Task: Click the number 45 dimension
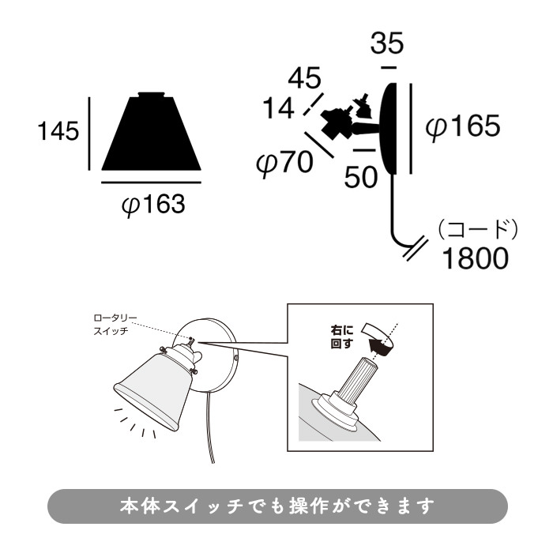[x=304, y=79]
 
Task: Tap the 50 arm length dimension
[x=362, y=177]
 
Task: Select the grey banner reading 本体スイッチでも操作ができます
[x=276, y=506]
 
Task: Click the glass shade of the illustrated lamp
[x=151, y=392]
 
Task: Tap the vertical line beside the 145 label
[x=90, y=132]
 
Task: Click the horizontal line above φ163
[x=151, y=182]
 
